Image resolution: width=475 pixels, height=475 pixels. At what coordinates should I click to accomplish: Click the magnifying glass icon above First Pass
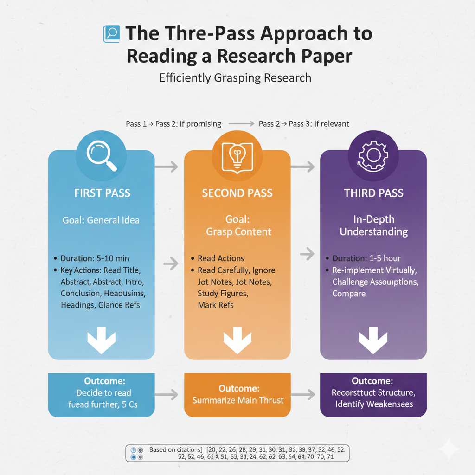coord(101,156)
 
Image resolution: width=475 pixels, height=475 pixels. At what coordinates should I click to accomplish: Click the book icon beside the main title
coord(111,34)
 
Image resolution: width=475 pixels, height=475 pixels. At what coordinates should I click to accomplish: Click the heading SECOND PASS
coord(237,193)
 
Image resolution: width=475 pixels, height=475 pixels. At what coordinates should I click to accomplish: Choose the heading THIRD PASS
coord(373,193)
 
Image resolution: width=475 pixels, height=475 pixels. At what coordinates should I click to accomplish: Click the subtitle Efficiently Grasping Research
coord(235,77)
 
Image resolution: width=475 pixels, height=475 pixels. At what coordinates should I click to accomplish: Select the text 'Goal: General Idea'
coord(101,220)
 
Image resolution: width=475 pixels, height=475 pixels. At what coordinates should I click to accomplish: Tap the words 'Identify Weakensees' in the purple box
coord(374,404)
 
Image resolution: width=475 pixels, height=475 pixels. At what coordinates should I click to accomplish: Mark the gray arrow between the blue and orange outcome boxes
coord(169,395)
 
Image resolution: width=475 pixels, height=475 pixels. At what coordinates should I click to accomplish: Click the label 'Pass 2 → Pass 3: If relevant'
coord(304,124)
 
